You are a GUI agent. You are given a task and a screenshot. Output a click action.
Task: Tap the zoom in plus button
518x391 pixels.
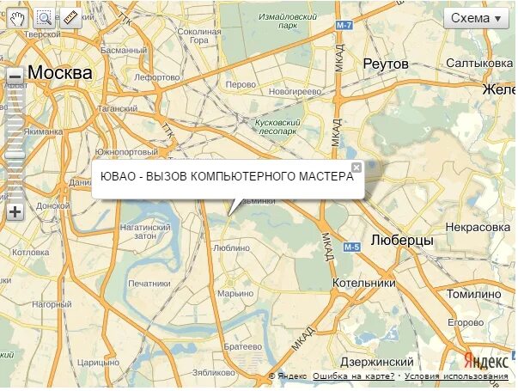(x=15, y=212)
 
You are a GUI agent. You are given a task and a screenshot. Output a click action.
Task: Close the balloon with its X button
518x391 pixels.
(x=357, y=167)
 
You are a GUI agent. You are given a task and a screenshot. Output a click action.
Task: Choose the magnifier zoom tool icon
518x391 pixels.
(x=44, y=17)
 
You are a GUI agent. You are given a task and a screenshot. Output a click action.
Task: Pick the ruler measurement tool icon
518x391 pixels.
(x=70, y=17)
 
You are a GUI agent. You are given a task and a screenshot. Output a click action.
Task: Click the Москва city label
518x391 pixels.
(x=59, y=73)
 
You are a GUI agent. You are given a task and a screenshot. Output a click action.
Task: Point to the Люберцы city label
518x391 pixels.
(x=402, y=241)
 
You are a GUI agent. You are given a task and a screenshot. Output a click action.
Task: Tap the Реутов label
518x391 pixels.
(x=384, y=64)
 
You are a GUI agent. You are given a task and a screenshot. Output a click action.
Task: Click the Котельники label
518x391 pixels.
(x=364, y=282)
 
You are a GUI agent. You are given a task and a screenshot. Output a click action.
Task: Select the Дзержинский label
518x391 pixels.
(x=377, y=362)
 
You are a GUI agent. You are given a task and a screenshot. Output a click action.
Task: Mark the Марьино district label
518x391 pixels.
(x=235, y=294)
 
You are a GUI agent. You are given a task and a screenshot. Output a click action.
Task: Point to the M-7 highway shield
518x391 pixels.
(x=344, y=26)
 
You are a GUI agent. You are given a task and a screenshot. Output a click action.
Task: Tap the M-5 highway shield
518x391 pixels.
(x=351, y=247)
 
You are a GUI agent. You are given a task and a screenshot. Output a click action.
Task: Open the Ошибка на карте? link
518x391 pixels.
(x=354, y=376)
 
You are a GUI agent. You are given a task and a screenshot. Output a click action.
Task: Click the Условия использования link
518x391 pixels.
(x=456, y=376)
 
